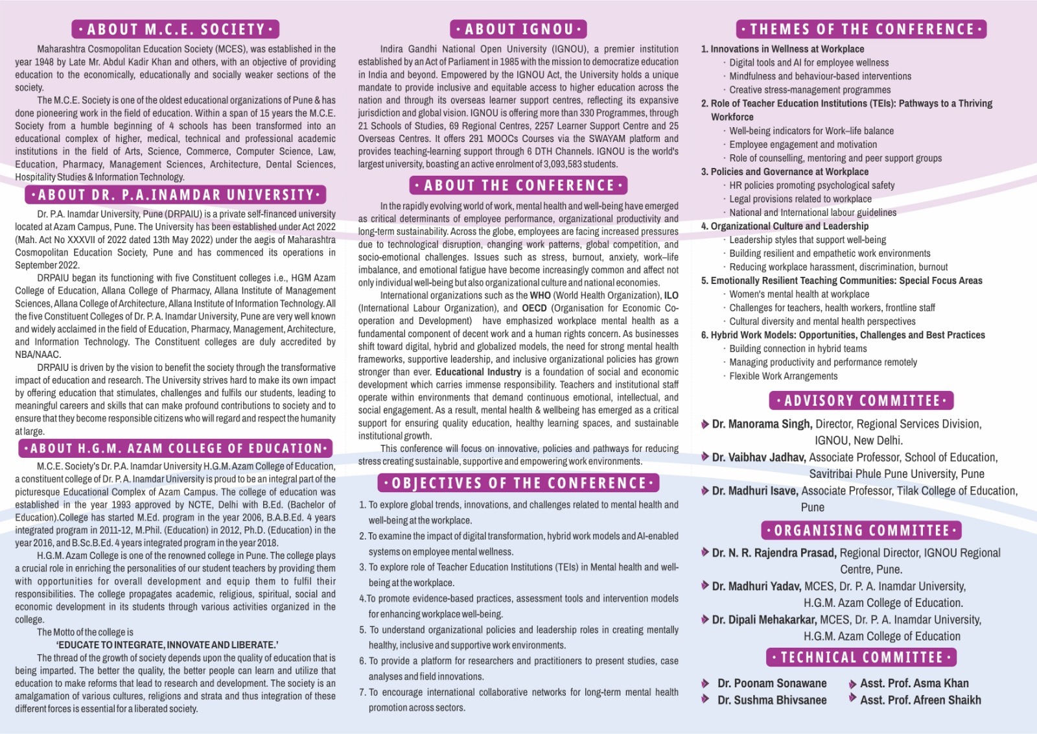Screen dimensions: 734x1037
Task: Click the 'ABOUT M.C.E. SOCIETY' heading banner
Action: click(x=175, y=29)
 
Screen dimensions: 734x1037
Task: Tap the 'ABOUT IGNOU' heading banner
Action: click(x=518, y=29)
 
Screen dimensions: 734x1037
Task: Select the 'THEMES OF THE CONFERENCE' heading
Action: click(x=861, y=29)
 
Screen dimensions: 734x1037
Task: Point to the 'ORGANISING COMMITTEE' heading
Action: click(x=861, y=530)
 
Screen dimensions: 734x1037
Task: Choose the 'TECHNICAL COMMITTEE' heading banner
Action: click(x=861, y=657)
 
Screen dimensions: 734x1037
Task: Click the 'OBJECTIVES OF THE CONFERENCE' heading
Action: click(x=518, y=483)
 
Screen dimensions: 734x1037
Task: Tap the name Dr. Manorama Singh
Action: click(x=762, y=424)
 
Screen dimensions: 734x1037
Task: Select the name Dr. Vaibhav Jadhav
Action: click(x=760, y=457)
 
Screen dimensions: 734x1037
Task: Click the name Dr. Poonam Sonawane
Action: click(x=772, y=683)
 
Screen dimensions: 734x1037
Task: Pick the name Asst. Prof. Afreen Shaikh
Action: click(x=920, y=700)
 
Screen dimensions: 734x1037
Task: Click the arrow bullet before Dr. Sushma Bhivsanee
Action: click(x=705, y=699)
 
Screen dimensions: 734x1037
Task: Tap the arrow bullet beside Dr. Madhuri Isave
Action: click(x=705, y=491)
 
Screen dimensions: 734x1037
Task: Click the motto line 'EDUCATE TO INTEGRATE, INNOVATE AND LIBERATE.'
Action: click(x=167, y=645)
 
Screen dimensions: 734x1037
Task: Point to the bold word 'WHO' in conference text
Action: click(x=540, y=296)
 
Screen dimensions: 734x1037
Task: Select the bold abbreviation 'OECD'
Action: click(x=534, y=309)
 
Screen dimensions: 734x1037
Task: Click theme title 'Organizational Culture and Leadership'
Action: click(x=789, y=226)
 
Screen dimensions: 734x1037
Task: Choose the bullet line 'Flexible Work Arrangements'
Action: click(x=783, y=376)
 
